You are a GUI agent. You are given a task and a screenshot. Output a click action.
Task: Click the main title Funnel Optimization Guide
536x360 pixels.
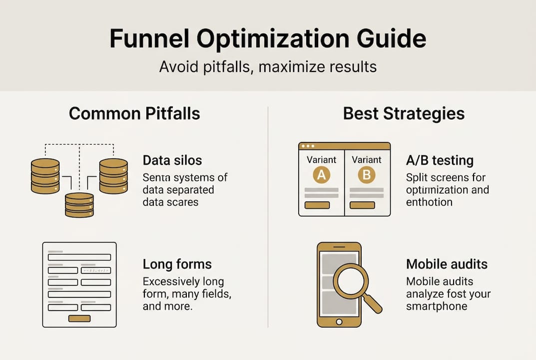click(x=268, y=38)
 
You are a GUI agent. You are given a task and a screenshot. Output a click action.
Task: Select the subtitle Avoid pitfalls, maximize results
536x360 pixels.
click(x=268, y=66)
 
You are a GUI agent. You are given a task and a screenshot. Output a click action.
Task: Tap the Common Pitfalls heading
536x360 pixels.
click(x=134, y=113)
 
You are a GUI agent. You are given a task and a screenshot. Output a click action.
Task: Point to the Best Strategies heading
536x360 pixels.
click(x=404, y=114)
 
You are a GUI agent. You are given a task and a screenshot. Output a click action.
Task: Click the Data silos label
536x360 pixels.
click(x=172, y=160)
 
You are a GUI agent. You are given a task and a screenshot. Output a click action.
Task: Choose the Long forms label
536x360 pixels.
click(x=177, y=264)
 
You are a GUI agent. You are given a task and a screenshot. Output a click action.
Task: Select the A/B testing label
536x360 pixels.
click(x=440, y=160)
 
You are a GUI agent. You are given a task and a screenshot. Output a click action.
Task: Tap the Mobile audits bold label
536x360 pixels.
click(x=447, y=264)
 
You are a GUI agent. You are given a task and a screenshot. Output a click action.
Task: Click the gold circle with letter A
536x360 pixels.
click(x=321, y=175)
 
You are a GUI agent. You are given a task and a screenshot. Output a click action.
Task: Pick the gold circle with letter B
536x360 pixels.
click(x=367, y=175)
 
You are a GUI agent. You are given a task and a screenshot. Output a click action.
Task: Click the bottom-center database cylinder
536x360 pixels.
click(x=79, y=204)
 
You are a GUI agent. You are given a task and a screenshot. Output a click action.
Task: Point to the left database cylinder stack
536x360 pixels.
click(x=45, y=176)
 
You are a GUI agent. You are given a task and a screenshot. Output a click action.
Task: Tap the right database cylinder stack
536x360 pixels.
click(x=113, y=176)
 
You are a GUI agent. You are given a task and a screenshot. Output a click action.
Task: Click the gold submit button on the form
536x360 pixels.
click(x=79, y=318)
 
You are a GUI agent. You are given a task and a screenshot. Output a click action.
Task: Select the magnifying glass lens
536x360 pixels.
click(x=351, y=281)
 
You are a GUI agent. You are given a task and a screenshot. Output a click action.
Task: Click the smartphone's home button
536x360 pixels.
click(x=339, y=321)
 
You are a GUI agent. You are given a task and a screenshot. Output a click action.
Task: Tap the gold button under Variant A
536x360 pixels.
click(x=317, y=205)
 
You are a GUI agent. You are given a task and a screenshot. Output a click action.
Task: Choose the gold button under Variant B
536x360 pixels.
click(x=362, y=205)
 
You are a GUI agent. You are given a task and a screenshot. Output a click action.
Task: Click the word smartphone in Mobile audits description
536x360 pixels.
click(x=437, y=306)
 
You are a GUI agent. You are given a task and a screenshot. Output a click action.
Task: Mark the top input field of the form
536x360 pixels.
click(x=79, y=257)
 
